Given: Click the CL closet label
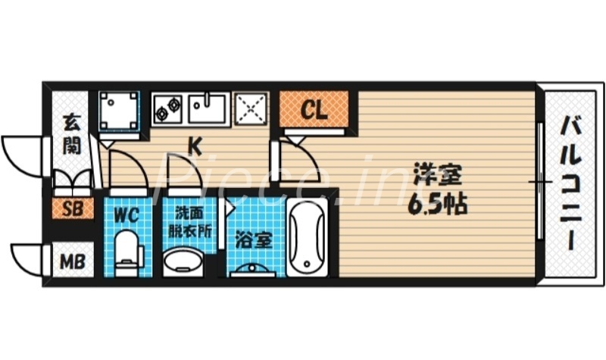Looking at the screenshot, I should coord(314,110).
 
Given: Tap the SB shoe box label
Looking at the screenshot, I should coord(73,208).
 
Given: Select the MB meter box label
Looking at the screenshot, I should coord(73,261).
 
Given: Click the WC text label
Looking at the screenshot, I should coord(127,214).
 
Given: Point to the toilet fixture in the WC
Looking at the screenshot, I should coord(127,252).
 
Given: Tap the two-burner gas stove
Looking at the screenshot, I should coord(167,108).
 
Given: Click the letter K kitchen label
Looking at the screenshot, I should coord(195,145).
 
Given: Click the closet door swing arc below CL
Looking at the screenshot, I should coord(298,156).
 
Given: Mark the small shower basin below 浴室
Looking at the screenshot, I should coord(252,269).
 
